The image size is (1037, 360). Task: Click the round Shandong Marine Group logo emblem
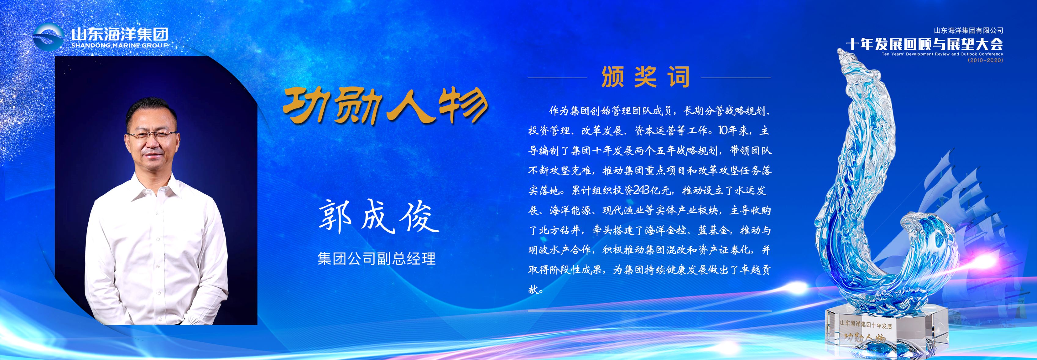coord(48,37)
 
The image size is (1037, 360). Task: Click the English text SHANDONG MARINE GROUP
coord(120,46)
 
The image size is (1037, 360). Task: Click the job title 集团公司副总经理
coord(377,259)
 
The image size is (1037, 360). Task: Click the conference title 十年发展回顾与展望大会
coord(924,44)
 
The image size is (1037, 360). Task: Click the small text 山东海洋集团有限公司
coord(969,31)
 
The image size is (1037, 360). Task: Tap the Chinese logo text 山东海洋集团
coord(120,34)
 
